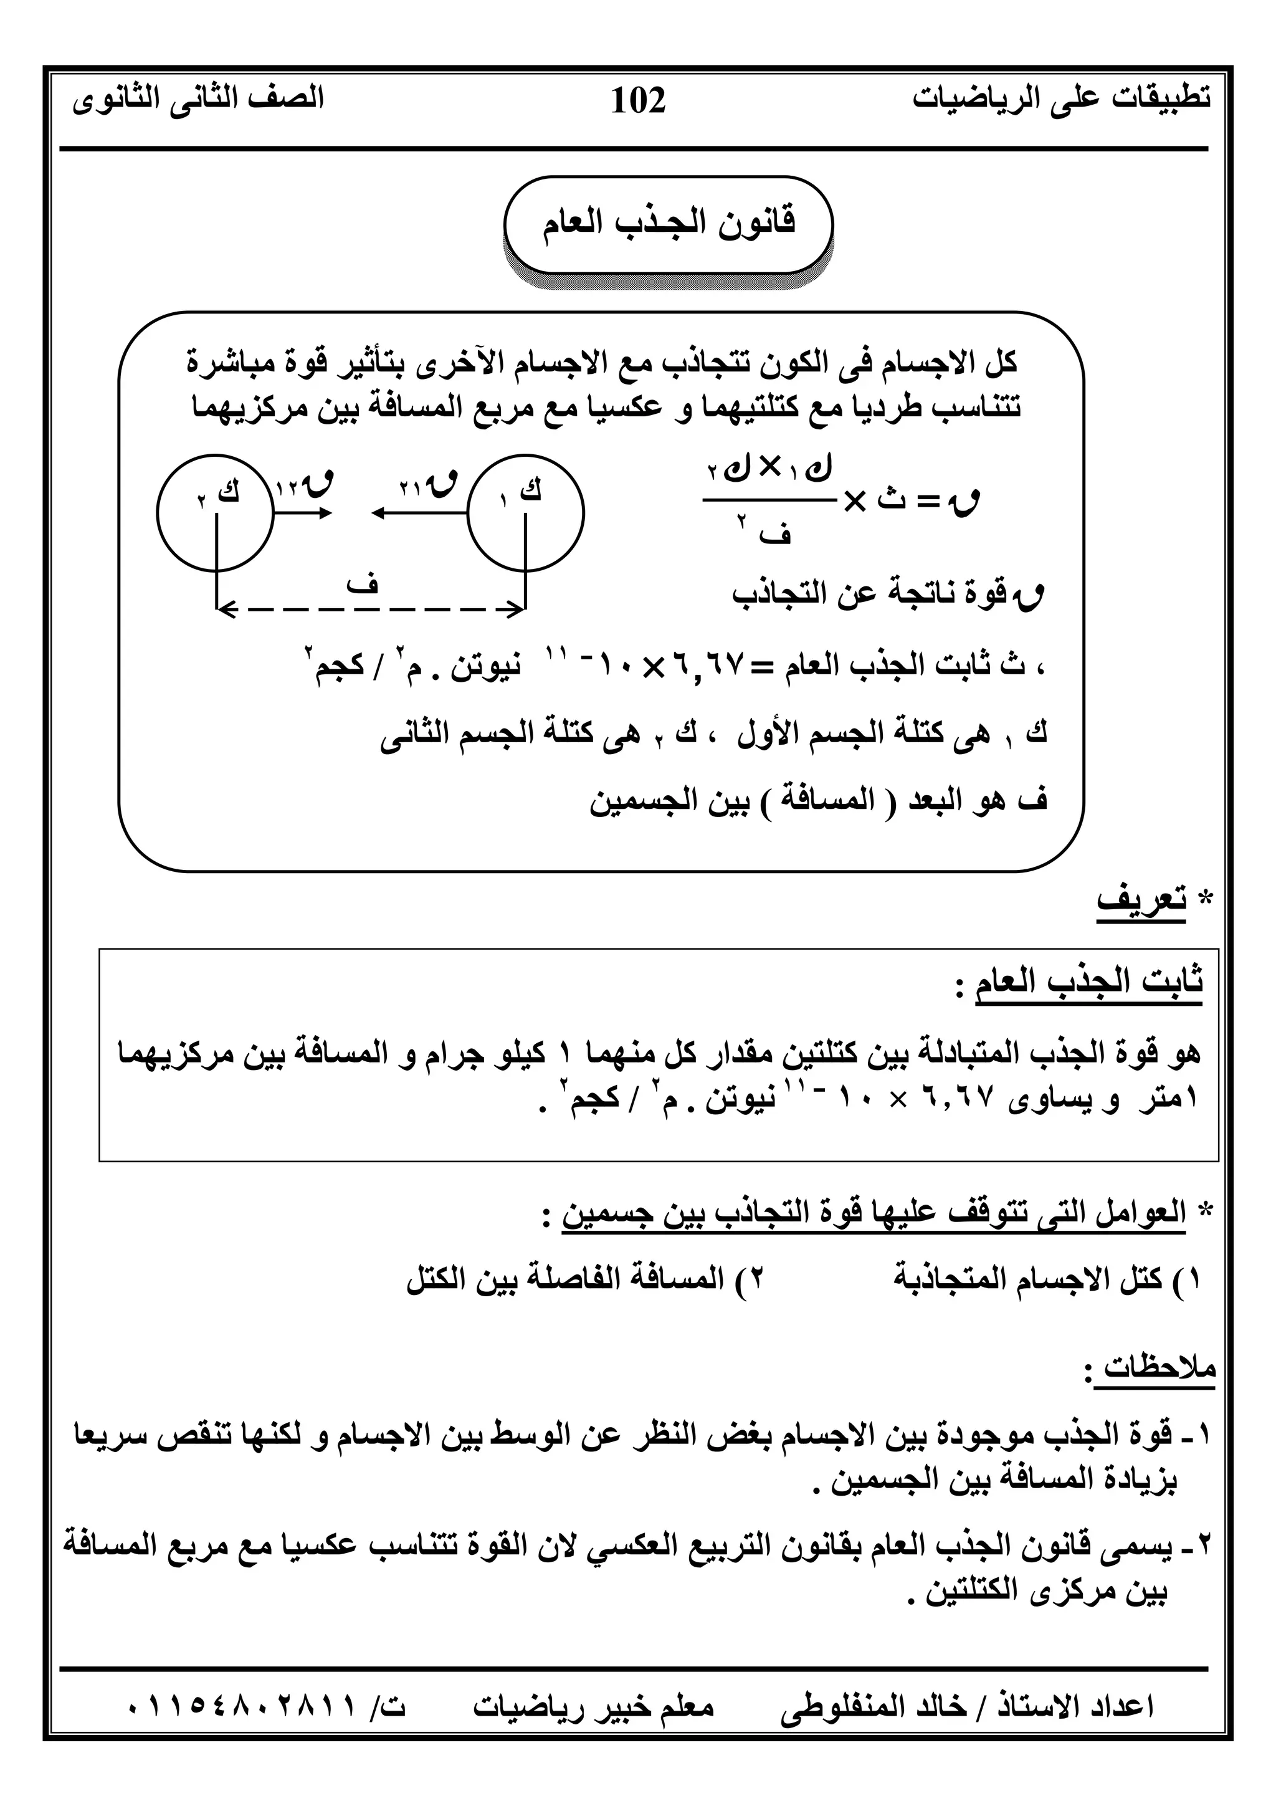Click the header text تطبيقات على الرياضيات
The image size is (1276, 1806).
coord(1062,98)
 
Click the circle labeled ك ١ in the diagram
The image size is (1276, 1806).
coord(526,513)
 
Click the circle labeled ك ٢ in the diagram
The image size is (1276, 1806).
coord(216,513)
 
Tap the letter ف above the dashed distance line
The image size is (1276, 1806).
coord(366,584)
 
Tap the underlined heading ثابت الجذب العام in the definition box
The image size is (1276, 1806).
coord(1089,982)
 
